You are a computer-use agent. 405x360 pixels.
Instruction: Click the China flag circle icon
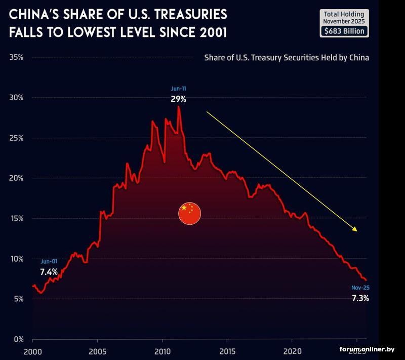[x=190, y=213]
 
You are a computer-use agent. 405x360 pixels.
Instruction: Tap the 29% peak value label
[x=178, y=99]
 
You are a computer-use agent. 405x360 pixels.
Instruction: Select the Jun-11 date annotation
[x=178, y=89]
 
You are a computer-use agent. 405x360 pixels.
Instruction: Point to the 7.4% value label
[x=49, y=272]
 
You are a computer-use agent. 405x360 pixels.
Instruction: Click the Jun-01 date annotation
[x=49, y=261]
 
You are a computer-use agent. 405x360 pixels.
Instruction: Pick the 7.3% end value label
[x=360, y=298]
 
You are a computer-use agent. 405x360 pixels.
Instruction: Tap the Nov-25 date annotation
[x=360, y=288]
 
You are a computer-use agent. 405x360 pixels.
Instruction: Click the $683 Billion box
[x=344, y=31]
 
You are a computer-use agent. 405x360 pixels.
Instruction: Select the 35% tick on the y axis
[x=17, y=57]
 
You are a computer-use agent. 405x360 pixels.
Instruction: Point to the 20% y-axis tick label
[x=17, y=178]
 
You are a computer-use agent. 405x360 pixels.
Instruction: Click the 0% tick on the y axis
[x=19, y=339]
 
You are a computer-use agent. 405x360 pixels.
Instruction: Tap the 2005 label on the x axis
[x=97, y=351]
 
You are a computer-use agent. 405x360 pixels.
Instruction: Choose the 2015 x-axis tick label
[x=227, y=351]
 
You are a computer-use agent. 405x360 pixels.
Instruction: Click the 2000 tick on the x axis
[x=32, y=351]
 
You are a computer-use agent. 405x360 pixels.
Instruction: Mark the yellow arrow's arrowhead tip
[x=357, y=231]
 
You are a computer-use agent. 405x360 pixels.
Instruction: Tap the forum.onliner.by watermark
[x=367, y=349]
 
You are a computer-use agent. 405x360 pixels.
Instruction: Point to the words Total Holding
[x=344, y=14]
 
